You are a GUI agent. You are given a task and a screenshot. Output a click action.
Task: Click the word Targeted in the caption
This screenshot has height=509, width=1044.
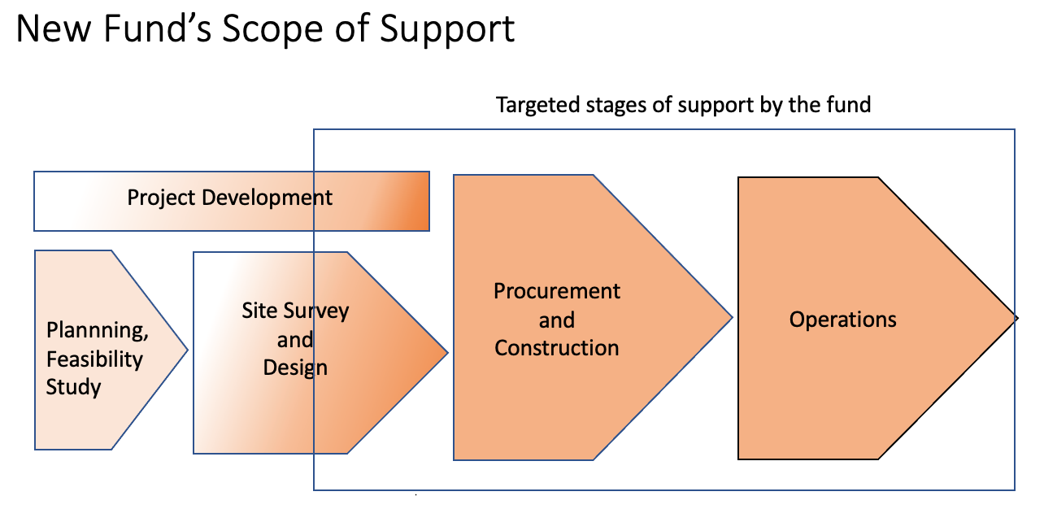pos(533,105)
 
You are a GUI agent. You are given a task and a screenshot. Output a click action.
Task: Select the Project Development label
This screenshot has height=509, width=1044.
pos(230,198)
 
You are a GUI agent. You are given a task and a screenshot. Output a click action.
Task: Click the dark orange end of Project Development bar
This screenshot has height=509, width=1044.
pos(415,201)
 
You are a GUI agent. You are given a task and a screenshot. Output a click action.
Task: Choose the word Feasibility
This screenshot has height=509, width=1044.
pos(94,359)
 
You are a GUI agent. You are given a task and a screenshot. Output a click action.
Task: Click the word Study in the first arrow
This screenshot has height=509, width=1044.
pos(73,387)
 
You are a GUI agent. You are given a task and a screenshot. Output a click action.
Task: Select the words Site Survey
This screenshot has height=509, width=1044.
pos(295,311)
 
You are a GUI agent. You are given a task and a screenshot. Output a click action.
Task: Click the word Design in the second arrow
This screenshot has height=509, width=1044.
pos(295,368)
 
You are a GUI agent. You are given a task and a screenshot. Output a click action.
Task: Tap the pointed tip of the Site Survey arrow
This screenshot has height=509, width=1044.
pos(446,352)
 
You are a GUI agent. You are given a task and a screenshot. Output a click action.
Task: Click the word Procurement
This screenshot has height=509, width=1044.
pos(557,291)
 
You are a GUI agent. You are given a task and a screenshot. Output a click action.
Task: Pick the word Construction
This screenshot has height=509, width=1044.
pos(557,348)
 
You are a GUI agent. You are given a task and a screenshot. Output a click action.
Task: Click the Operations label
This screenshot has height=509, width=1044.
pos(842,320)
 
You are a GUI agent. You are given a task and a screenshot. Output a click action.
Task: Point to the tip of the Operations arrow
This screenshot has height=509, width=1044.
pos(1015,318)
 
